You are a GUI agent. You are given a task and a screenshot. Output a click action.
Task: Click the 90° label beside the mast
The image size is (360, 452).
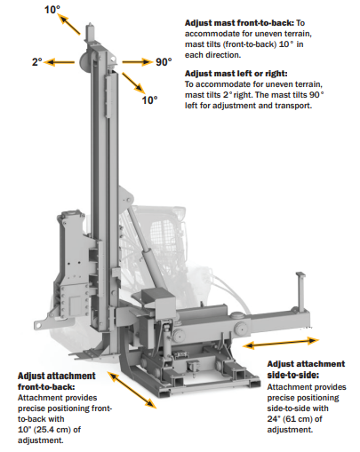click(164, 62)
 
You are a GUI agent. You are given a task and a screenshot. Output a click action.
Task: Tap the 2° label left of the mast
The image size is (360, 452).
click(37, 62)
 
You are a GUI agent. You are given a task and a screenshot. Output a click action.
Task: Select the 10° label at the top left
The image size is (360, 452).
click(52, 10)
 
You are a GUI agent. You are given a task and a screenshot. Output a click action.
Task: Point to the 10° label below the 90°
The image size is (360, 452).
click(149, 100)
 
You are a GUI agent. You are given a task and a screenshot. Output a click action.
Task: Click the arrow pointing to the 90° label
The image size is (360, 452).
click(137, 62)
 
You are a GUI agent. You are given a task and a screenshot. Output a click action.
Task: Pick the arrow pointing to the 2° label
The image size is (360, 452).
click(60, 62)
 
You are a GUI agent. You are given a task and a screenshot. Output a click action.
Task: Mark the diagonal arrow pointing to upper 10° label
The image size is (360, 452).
click(69, 24)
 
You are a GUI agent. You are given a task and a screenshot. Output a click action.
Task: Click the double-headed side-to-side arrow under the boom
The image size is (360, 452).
click(281, 343)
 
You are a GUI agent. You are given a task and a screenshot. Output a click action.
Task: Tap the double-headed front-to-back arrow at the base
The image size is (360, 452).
click(132, 390)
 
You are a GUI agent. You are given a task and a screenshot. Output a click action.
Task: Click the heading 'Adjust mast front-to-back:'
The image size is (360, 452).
click(239, 23)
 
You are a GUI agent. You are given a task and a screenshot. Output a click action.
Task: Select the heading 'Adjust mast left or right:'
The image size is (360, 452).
click(236, 74)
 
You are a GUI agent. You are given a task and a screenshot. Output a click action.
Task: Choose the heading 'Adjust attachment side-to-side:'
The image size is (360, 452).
click(306, 369)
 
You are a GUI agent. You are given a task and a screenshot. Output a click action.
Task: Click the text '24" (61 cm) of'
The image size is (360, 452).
click(294, 419)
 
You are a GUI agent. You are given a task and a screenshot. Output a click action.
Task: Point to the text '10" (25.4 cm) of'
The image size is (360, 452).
click(49, 430)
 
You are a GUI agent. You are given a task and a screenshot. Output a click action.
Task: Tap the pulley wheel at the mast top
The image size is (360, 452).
click(84, 61)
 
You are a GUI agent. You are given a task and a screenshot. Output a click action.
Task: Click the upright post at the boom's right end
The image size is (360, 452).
click(301, 291)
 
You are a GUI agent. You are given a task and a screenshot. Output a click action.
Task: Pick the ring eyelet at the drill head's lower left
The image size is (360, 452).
click(38, 325)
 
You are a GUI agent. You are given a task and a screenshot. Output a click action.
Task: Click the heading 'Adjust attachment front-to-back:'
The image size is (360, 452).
click(56, 381)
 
